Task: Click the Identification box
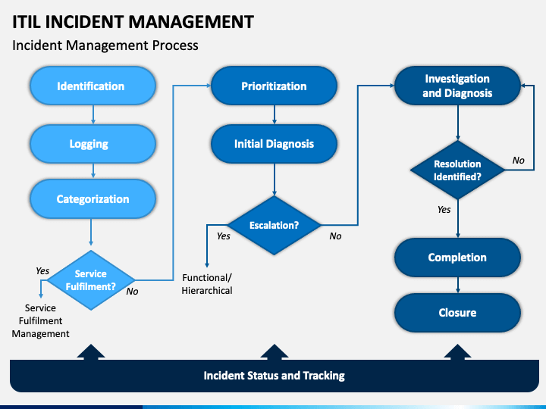coord(93,86)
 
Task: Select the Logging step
coord(93,144)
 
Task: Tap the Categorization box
coord(93,198)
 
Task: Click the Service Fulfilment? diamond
coord(91,280)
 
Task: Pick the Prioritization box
coord(274,86)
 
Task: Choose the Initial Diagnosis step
coord(274,144)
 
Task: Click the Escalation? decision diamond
coord(274,225)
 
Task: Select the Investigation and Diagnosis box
coord(457,86)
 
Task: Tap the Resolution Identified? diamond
coord(457,170)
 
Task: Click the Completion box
coord(457,258)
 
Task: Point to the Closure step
coord(457,313)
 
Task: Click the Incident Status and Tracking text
coord(274,376)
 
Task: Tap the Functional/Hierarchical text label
coord(207,284)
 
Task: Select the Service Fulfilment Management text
coord(40,320)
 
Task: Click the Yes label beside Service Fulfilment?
coord(42,270)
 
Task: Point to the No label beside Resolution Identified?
coord(518,161)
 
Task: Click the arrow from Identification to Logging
coord(93,114)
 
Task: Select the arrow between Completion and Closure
coord(458,286)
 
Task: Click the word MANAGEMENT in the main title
coord(191,21)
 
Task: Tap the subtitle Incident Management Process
coord(105,45)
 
